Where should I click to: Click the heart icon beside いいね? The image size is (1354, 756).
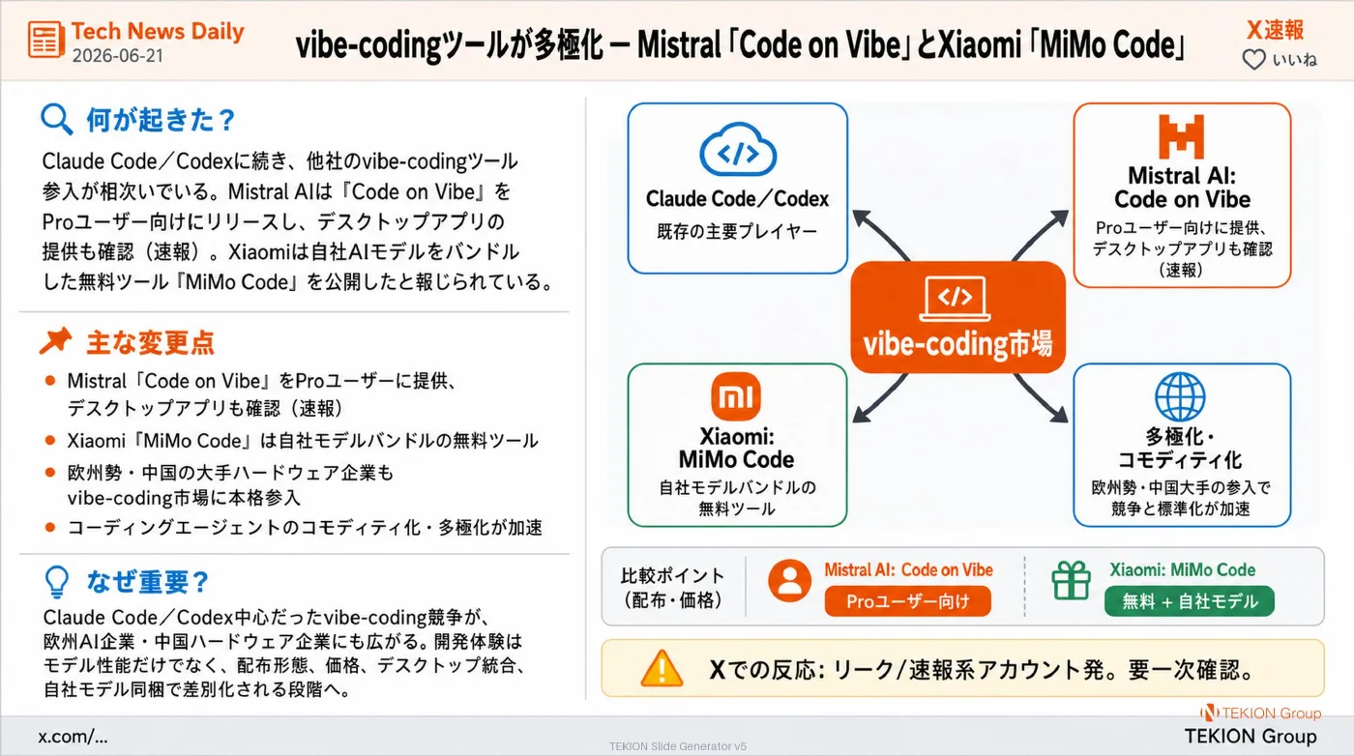coord(1253,60)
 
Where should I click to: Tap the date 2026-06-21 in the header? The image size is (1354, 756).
coord(118,56)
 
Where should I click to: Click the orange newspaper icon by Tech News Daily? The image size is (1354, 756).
coord(46,40)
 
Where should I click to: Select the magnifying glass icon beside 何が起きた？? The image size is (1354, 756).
coord(57,119)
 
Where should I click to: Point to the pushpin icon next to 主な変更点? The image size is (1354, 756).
coord(56,341)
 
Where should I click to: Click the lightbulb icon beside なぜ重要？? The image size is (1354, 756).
coord(57,582)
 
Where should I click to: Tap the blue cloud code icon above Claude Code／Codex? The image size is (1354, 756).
coord(737,150)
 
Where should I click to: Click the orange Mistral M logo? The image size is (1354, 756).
coord(1181,136)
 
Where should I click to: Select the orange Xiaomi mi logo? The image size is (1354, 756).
coord(736,396)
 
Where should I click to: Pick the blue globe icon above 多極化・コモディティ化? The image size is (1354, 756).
coord(1180,396)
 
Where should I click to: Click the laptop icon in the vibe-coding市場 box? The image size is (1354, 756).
coord(956,299)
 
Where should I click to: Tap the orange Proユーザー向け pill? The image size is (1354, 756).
coord(907,601)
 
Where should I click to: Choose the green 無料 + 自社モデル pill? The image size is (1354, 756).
coord(1190,601)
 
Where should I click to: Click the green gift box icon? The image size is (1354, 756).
coord(1072,580)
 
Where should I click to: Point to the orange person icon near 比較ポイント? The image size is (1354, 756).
coord(789,580)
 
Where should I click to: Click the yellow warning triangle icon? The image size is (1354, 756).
coord(662,669)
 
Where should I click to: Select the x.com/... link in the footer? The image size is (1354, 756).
coord(73,737)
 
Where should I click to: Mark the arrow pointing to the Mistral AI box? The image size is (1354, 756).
coord(1040,235)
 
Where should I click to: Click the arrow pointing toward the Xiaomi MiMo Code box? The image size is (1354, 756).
coord(880,397)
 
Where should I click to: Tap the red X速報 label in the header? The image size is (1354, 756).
coord(1276,30)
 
